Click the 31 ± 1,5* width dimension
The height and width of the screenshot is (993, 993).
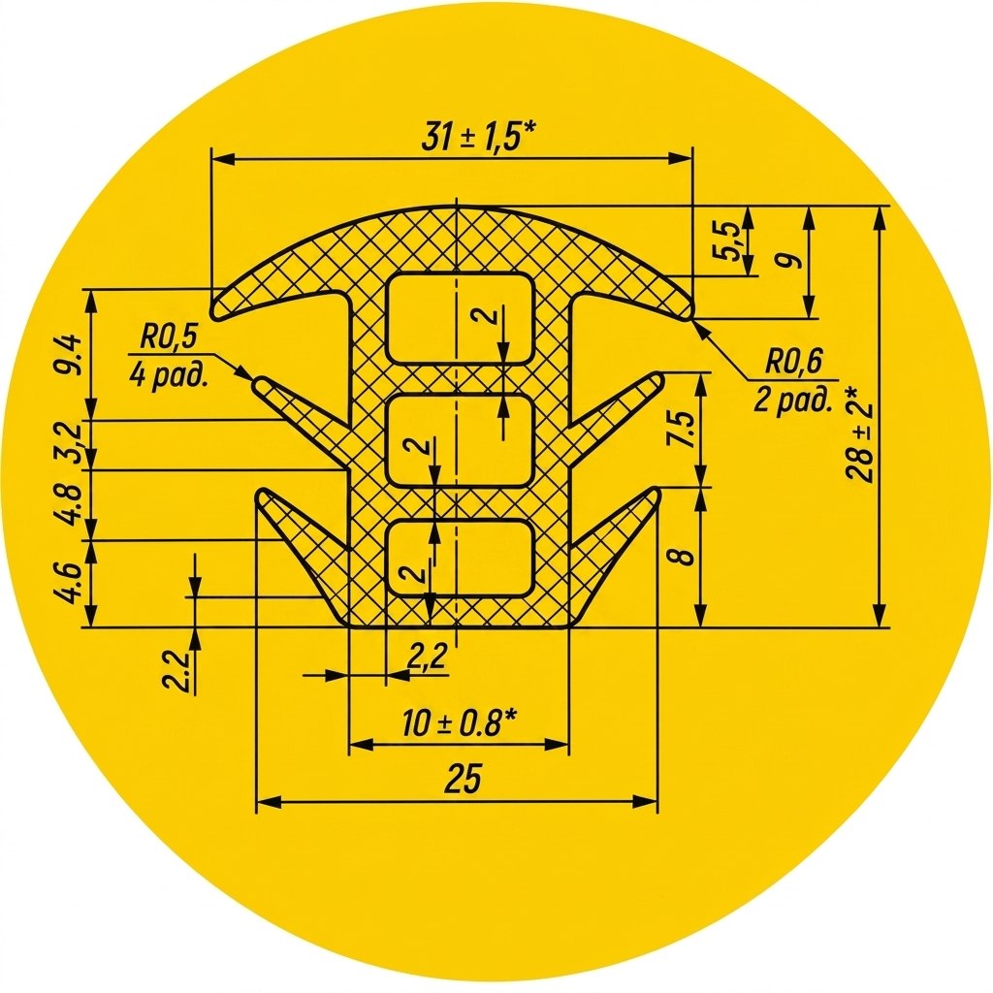click(479, 137)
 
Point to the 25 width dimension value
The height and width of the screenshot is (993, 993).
click(463, 779)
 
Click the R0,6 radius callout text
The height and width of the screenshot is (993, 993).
click(793, 363)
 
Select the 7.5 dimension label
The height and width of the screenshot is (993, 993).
click(683, 430)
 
